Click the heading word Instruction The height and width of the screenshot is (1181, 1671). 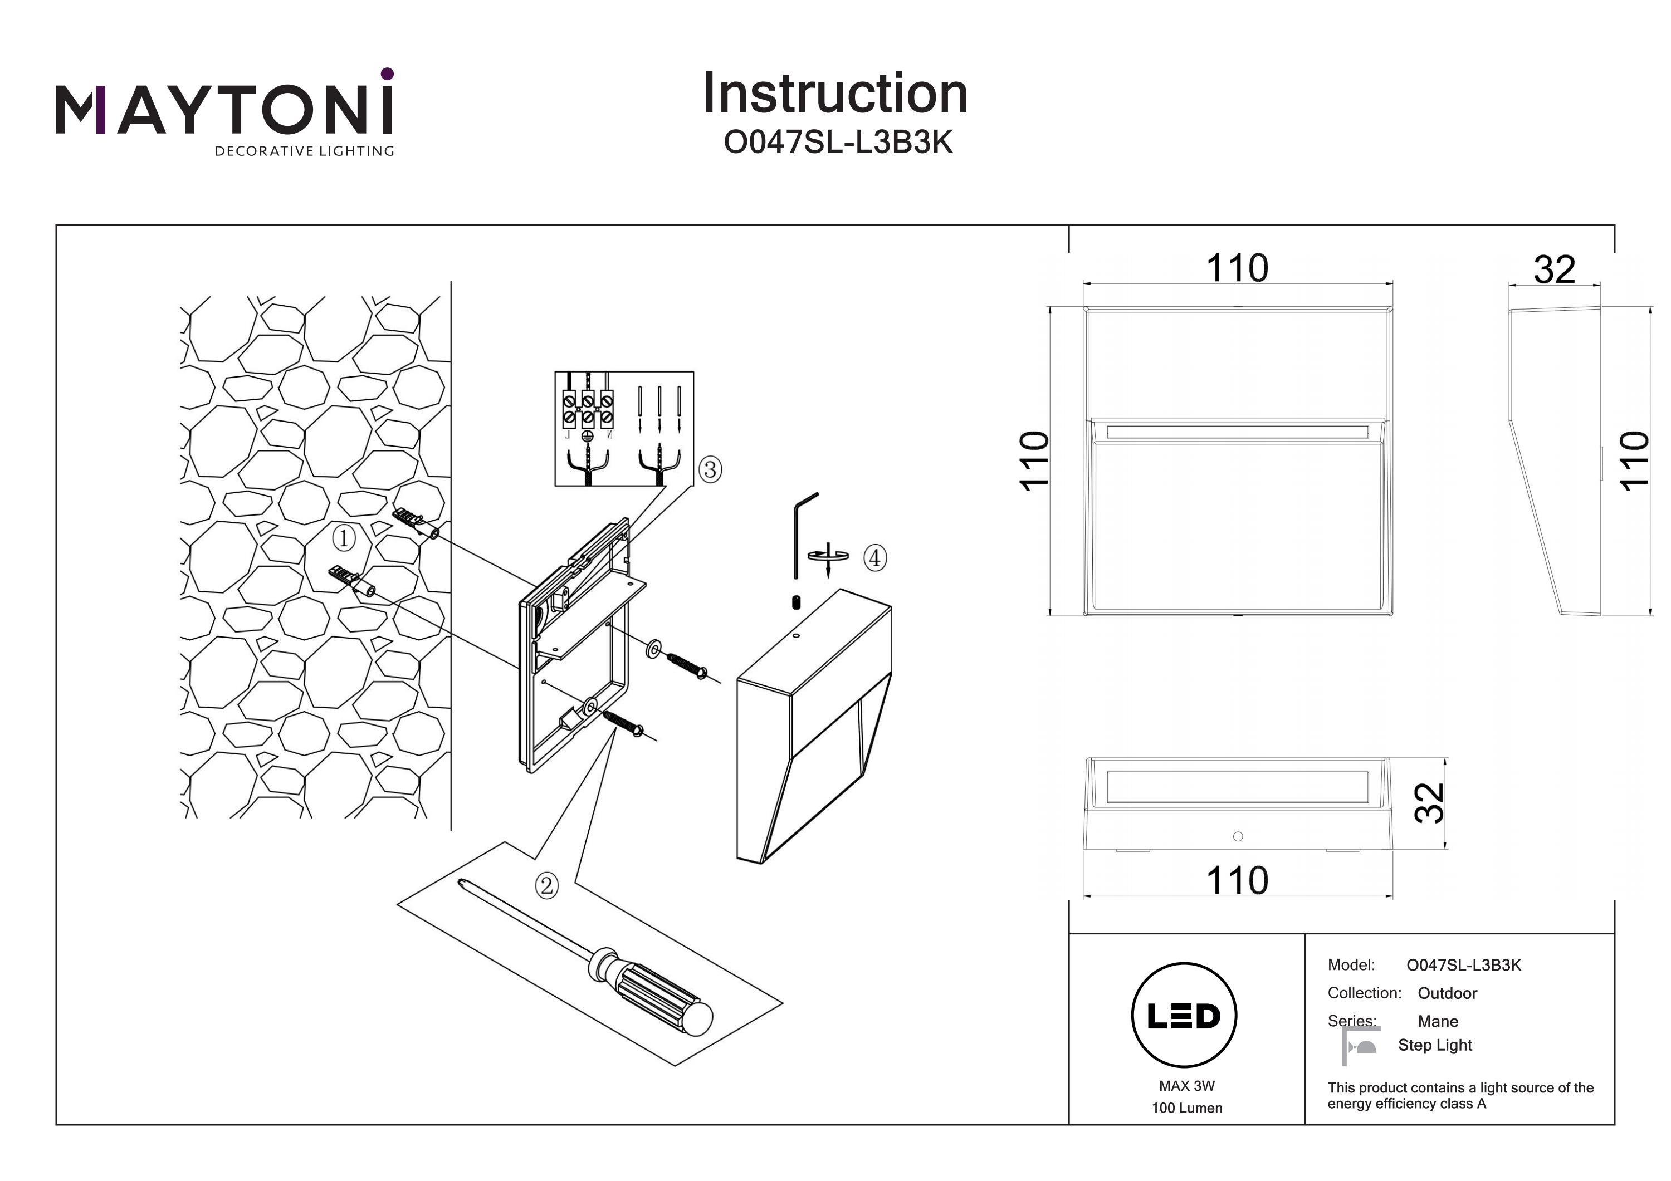tap(835, 94)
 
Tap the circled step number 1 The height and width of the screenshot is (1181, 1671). tap(344, 538)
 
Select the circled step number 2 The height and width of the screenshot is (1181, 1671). tap(546, 885)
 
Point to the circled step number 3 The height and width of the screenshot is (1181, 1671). tap(710, 469)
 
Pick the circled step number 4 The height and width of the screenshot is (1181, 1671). tap(875, 558)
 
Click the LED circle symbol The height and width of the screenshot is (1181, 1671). tap(1184, 1016)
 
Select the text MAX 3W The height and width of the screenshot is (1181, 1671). tap(1186, 1086)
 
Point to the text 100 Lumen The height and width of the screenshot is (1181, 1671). tap(1186, 1108)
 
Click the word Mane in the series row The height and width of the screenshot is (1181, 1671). tap(1438, 1021)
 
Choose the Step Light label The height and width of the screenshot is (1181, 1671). tap(1434, 1045)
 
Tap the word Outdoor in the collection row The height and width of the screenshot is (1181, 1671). tap(1447, 993)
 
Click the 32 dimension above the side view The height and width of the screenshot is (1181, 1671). tap(1555, 270)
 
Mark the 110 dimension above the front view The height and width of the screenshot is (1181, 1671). tap(1237, 268)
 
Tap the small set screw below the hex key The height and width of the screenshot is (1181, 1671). tap(795, 602)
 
